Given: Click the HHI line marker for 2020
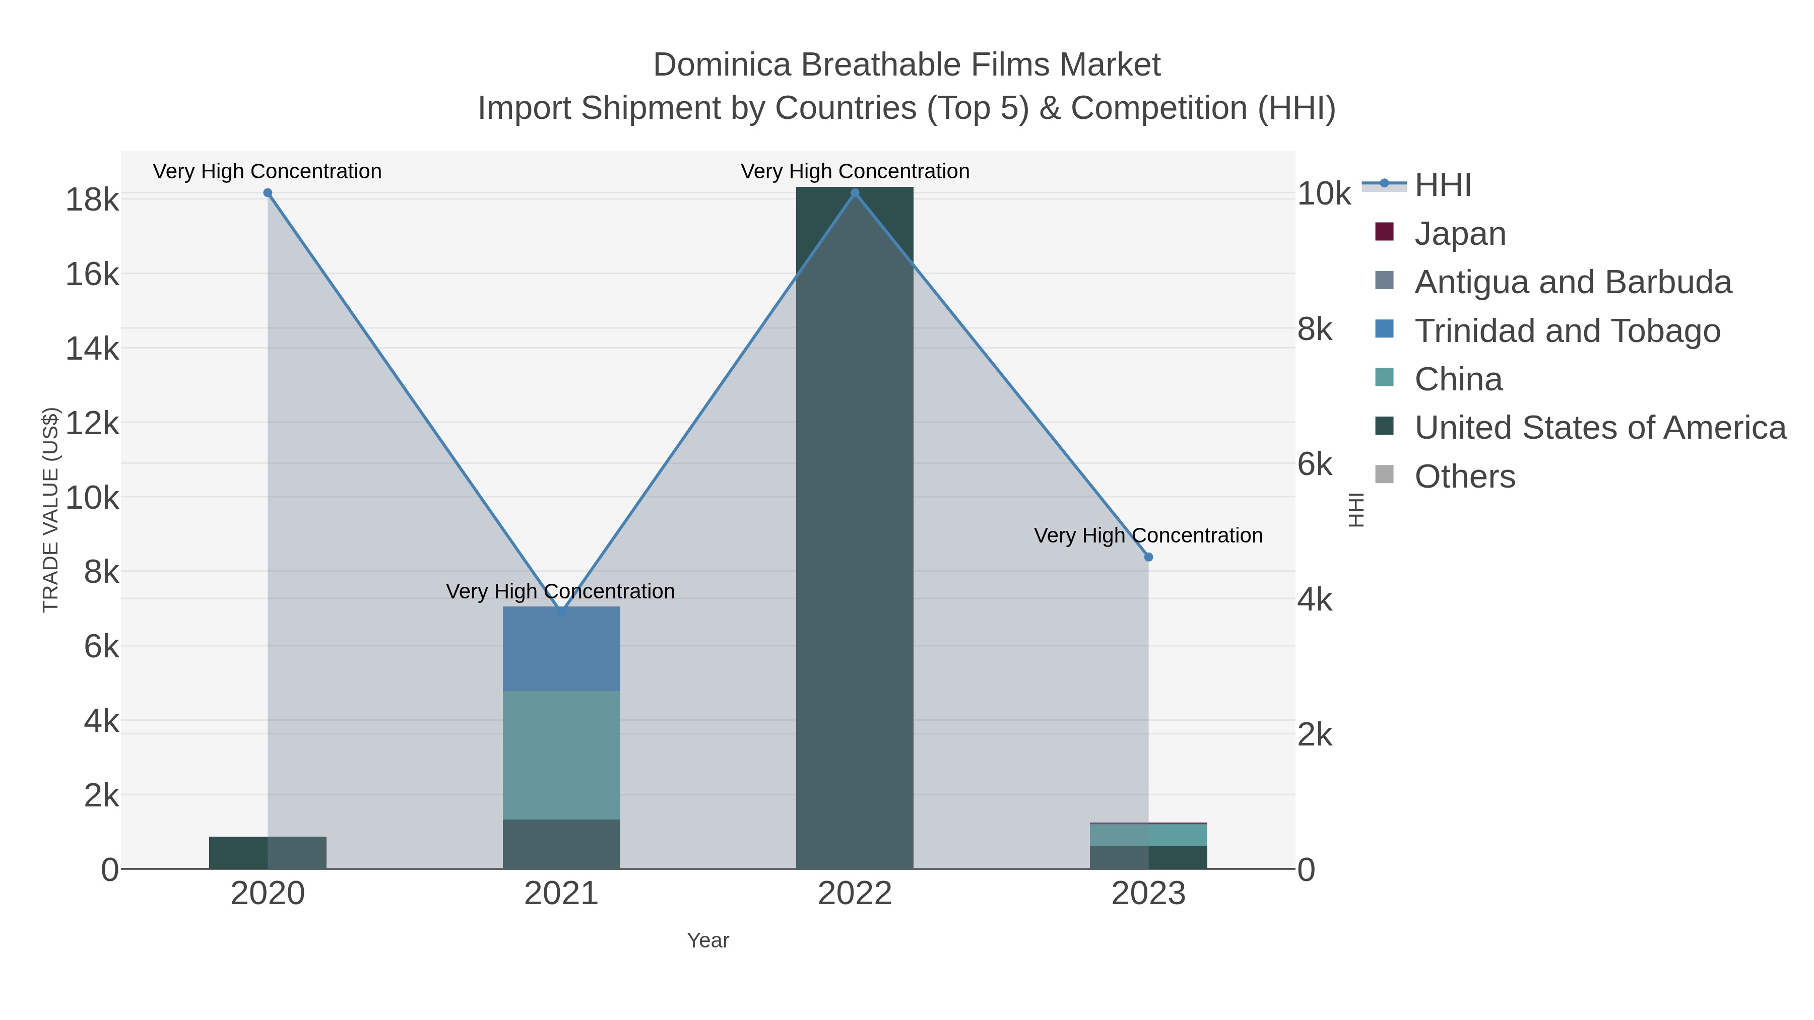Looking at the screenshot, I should [268, 193].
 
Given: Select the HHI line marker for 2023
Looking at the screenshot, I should [1148, 557].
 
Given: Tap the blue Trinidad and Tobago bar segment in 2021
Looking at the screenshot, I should [561, 648].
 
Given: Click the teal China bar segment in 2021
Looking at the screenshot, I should [561, 755].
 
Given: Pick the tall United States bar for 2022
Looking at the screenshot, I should [854, 528].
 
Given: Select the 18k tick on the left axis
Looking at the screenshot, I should [92, 200].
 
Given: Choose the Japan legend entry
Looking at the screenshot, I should [1460, 234].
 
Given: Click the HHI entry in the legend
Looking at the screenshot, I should [1442, 185].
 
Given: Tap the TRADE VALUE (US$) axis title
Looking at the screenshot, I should [51, 510].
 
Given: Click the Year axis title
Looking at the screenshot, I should [708, 940].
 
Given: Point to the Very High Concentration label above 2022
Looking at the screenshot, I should [855, 171].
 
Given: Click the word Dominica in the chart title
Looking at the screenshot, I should [722, 65].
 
